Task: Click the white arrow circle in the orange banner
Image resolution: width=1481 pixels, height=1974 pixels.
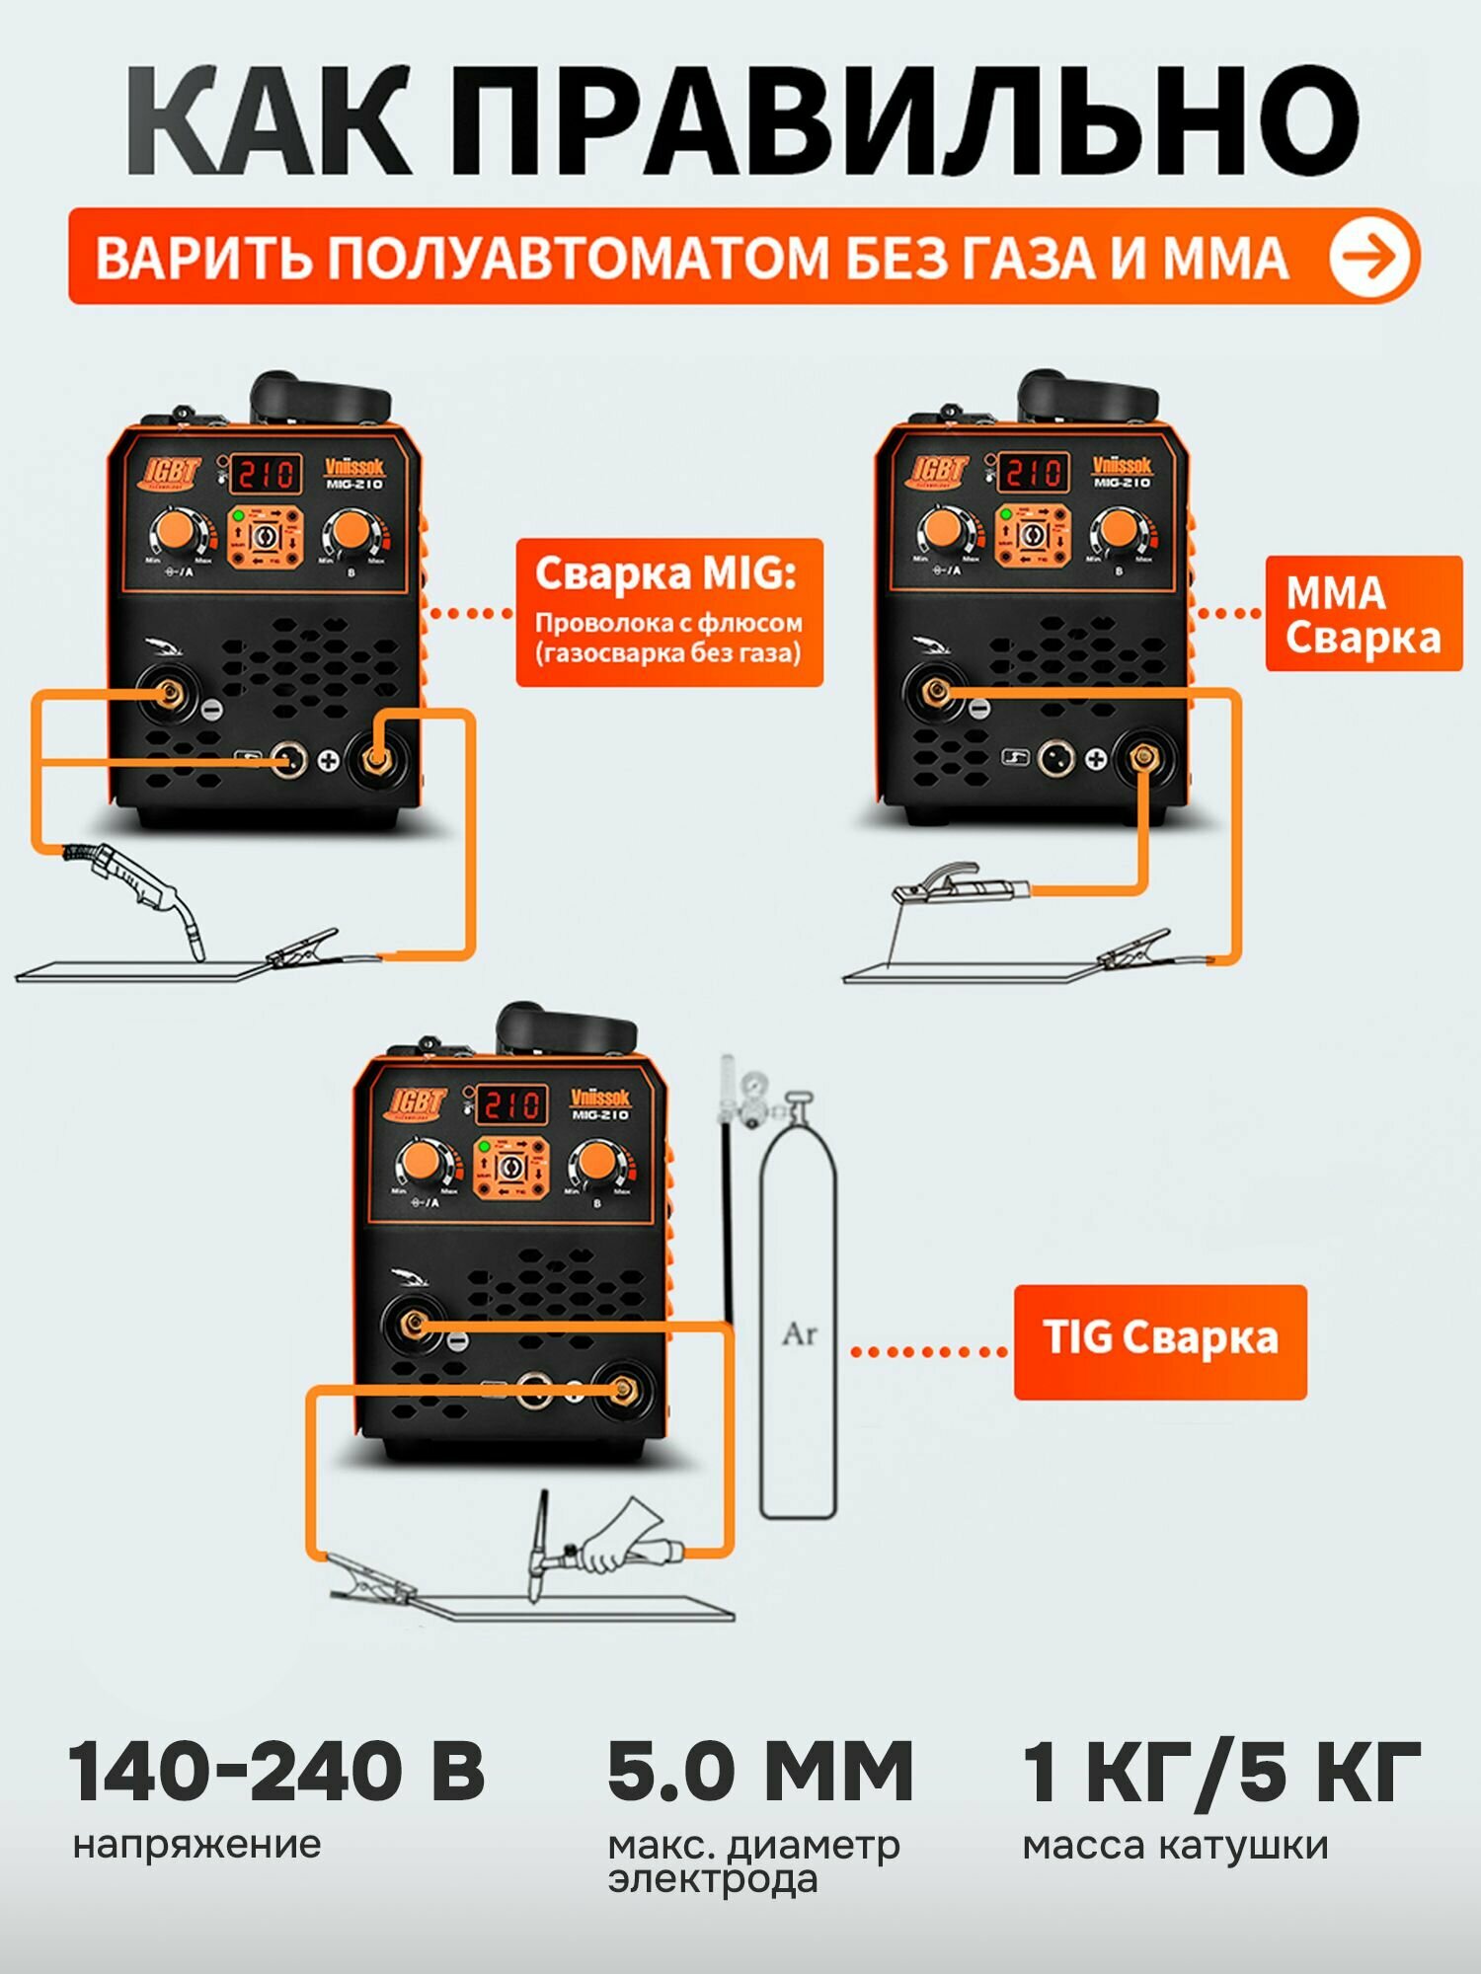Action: [1370, 257]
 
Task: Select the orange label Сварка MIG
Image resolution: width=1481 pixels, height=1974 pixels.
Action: [668, 612]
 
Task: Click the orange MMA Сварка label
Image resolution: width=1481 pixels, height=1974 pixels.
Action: [1363, 614]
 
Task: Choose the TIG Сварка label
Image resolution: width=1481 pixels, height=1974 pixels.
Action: [1160, 1341]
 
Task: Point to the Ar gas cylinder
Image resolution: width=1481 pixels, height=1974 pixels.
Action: [798, 1332]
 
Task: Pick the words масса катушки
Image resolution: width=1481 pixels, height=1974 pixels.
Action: [1175, 1846]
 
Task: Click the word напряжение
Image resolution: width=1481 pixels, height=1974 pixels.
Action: [197, 1844]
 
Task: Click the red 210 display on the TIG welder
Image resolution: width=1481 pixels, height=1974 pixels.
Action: [509, 1104]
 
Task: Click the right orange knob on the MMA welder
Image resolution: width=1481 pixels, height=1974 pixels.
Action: [1119, 530]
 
